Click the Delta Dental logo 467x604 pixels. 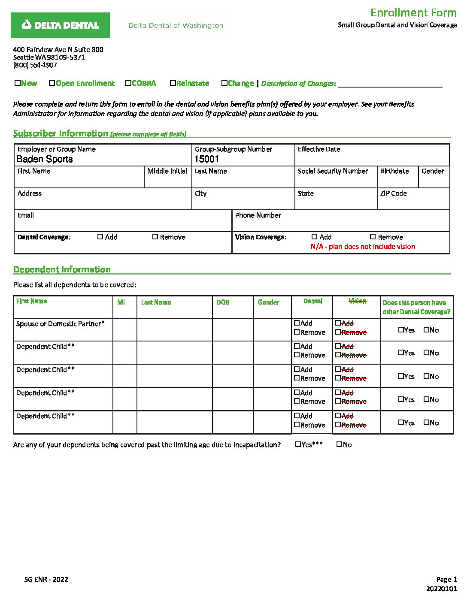coord(60,25)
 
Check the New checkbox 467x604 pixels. coord(18,83)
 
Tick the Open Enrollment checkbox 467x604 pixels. coord(52,83)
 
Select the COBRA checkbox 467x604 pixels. coord(128,83)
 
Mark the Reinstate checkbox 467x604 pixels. coord(173,83)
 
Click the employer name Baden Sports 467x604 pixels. coord(45,159)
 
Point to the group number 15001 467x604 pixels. coord(207,159)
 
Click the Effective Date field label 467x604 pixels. coord(319,149)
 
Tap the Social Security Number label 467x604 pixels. coord(333,171)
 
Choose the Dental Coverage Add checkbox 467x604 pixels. coord(100,237)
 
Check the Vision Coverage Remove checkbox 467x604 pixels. coord(373,237)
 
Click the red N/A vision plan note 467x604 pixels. coord(363,247)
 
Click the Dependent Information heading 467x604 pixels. coord(62,269)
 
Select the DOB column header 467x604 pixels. coord(223,302)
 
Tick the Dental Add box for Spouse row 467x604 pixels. coord(297,323)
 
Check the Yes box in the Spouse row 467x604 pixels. coord(401,330)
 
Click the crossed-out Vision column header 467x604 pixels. coord(358,301)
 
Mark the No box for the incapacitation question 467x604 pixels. coord(339,444)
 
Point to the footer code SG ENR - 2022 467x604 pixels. coord(46,579)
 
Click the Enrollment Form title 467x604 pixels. coord(413,12)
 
